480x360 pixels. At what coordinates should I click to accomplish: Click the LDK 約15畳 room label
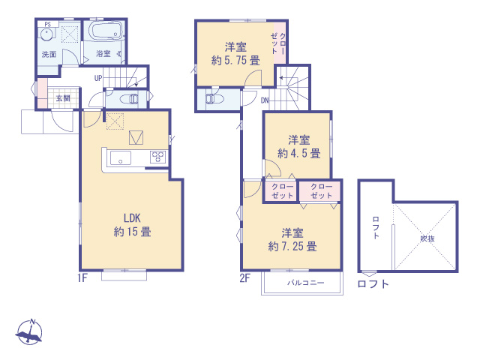pos(132,224)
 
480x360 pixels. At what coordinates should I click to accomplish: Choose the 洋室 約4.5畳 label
pos(299,146)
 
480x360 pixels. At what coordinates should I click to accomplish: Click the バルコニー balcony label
pos(305,283)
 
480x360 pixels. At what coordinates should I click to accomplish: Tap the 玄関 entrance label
pos(62,98)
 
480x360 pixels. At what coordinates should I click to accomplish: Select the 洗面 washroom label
pos(49,54)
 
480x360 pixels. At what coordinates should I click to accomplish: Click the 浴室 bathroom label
pos(103,54)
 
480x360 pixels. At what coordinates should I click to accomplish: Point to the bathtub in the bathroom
pos(106,31)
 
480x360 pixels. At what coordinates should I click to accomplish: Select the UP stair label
pos(98,78)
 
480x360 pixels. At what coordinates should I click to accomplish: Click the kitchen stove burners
pos(158,157)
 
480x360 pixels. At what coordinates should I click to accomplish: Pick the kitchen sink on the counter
pos(121,157)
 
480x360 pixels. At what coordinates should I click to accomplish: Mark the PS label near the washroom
pos(47,25)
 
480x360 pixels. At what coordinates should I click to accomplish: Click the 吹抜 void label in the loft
pos(427,238)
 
